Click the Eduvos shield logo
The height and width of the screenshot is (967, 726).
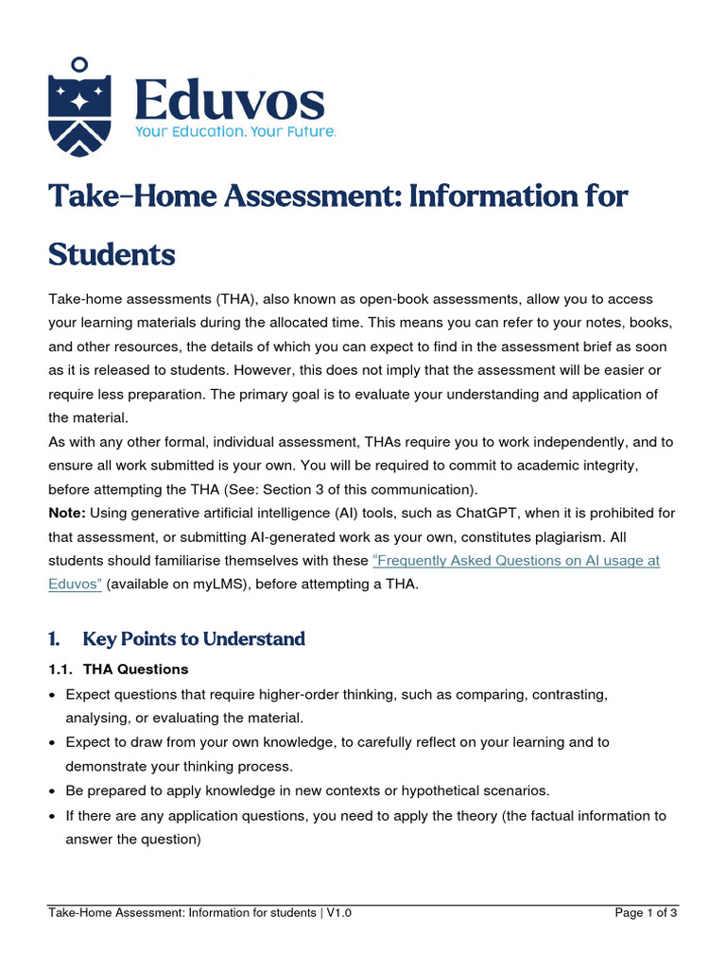[x=79, y=105]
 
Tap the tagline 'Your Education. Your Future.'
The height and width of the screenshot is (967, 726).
[x=235, y=132]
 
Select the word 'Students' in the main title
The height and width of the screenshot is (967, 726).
[x=112, y=254]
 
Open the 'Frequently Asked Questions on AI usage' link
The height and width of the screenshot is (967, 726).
[x=516, y=560]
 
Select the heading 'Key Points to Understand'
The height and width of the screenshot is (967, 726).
[x=194, y=639]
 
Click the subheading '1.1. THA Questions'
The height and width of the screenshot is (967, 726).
[x=118, y=670]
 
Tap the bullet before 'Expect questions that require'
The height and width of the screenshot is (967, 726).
[x=53, y=695]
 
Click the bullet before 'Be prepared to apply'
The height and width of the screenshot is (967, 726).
[x=53, y=790]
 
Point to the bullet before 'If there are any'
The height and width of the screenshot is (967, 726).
[x=53, y=815]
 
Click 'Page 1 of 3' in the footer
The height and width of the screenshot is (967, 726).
[x=646, y=912]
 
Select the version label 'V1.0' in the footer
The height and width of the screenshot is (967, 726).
[x=339, y=912]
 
